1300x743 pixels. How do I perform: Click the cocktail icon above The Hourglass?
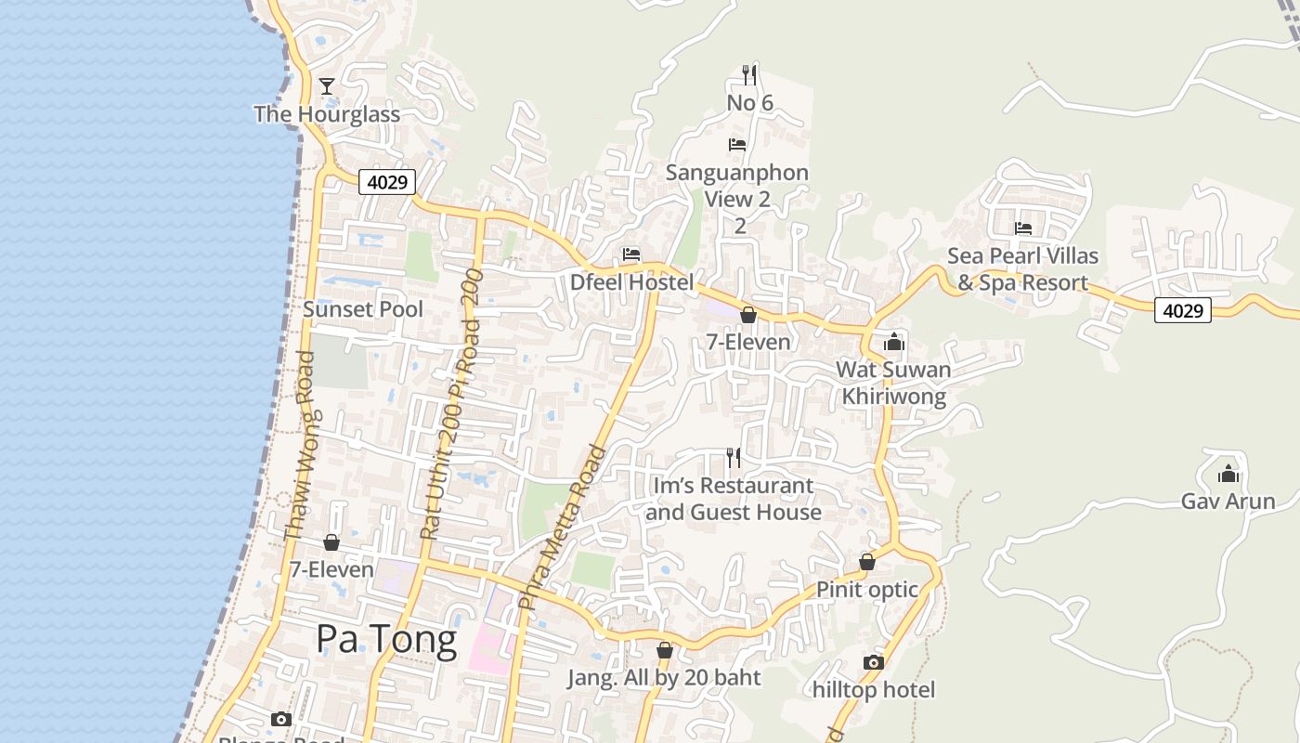(326, 86)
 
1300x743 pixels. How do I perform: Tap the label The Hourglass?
(327, 114)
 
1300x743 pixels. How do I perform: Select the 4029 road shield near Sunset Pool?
(386, 182)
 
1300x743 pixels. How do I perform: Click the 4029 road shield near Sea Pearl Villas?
(1183, 310)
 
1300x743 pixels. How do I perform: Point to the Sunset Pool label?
(363, 309)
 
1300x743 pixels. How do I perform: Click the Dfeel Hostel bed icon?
(631, 254)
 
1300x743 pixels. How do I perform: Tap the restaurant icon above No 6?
(749, 74)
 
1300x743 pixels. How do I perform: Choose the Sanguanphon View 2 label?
(738, 186)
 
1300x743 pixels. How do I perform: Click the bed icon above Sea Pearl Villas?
(1023, 228)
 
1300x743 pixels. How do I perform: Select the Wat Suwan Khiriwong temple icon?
(894, 342)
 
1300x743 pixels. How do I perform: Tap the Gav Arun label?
(1228, 502)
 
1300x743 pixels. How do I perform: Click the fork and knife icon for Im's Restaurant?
(734, 457)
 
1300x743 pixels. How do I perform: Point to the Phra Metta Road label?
(563, 528)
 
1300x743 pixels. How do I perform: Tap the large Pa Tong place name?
(386, 640)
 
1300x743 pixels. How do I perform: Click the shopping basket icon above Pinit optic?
(866, 562)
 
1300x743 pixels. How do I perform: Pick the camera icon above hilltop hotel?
(873, 662)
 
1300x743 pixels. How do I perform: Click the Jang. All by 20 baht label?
(664, 678)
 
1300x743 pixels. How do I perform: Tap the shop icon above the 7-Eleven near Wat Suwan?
(748, 315)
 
